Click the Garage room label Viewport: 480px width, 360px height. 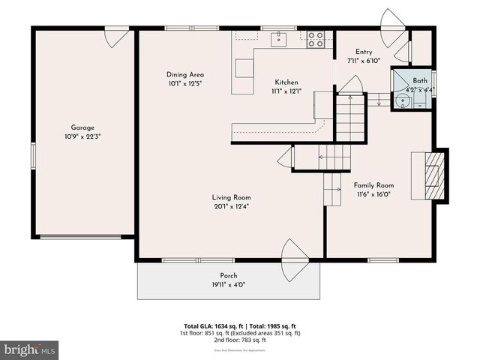click(82, 127)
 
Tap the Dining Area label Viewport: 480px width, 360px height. click(185, 74)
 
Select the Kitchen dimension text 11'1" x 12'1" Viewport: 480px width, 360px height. click(286, 91)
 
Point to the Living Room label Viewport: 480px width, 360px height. click(231, 197)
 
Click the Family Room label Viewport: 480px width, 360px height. click(373, 185)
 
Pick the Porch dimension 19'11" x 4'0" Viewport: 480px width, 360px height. click(229, 284)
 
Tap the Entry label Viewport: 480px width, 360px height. click(364, 52)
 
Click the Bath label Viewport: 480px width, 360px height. click(420, 80)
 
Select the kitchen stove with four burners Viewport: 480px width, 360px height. click(316, 39)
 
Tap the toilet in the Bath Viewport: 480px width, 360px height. click(404, 103)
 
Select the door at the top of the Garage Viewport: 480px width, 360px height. click(118, 36)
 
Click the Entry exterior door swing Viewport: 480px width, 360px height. click(392, 28)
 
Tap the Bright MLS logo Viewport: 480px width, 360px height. click(30, 349)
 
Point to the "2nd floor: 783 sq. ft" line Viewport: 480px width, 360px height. click(239, 339)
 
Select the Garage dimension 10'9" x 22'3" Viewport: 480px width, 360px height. click(82, 136)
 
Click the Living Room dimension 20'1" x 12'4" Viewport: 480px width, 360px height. click(231, 206)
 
